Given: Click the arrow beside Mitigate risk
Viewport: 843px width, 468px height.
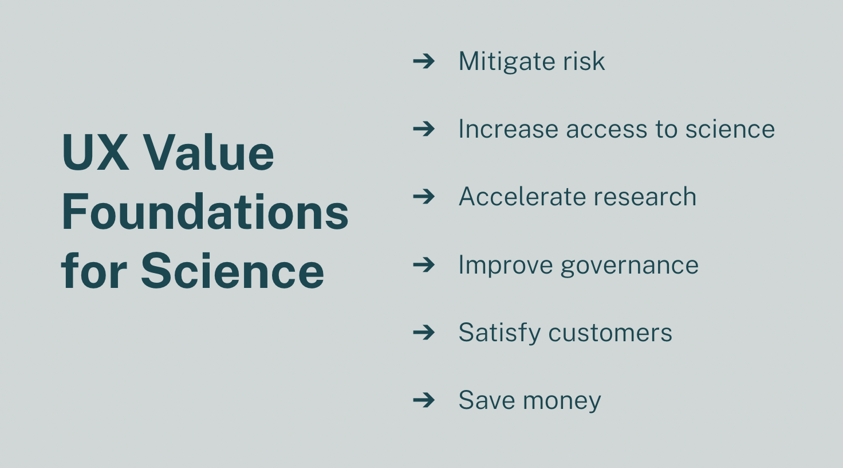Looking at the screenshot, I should coord(424,61).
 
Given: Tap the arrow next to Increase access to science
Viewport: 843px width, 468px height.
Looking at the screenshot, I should coord(424,128).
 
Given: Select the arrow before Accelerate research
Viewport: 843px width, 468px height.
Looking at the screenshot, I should coord(424,197).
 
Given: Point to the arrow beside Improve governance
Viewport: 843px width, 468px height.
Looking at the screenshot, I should coord(424,264).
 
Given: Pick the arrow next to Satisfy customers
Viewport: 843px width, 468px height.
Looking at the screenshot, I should coord(424,332).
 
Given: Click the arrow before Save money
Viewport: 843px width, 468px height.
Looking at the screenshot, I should coord(424,400).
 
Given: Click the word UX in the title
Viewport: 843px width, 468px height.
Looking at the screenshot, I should coord(95,153).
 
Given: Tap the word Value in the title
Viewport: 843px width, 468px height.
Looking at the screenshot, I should coord(208,153).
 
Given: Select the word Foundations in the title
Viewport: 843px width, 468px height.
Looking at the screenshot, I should coord(204,212).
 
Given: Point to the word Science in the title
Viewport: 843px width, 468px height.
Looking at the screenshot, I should coord(232,271).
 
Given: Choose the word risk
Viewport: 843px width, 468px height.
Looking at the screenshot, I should coord(584,61).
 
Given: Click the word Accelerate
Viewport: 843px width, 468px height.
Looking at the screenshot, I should coord(513,197).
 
